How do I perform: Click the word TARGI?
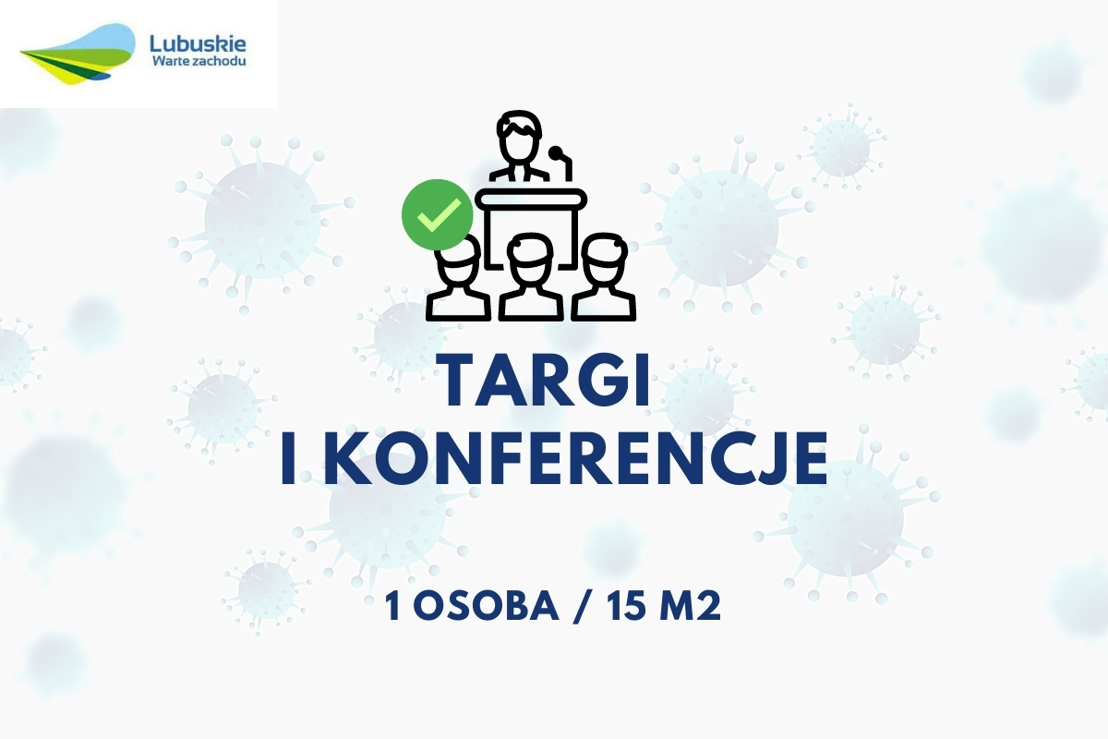[547, 382]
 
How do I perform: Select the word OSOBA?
[487, 606]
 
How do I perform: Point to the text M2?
[691, 606]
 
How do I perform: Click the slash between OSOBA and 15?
[584, 607]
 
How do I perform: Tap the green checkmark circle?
[438, 215]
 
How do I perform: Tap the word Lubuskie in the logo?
[198, 44]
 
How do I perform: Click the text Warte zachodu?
[199, 62]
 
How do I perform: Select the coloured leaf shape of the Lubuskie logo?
[78, 55]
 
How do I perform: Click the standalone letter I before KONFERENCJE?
[292, 459]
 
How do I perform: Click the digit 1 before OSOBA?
[392, 607]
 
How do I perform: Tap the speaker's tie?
[518, 172]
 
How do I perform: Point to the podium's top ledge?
[531, 199]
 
